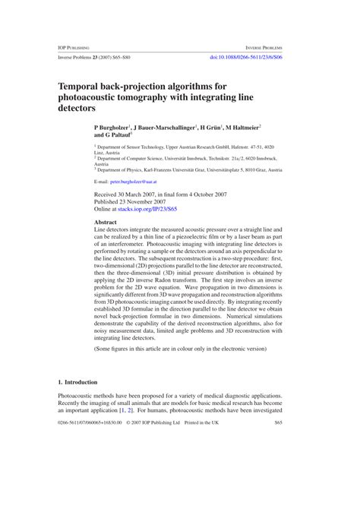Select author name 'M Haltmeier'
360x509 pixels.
239,128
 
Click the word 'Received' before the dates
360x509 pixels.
106,194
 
